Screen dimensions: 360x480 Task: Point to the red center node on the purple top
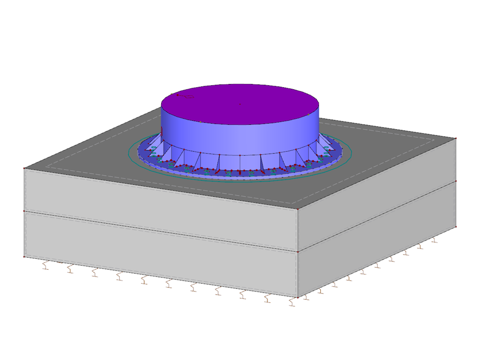(x=239, y=104)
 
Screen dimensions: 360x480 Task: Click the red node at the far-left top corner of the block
(x=24, y=168)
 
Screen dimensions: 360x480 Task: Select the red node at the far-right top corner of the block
(x=456, y=139)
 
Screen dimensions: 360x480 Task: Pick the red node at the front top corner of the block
(x=298, y=209)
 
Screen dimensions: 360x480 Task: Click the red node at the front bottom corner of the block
(x=298, y=297)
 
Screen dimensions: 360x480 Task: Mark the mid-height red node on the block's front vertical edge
(x=298, y=252)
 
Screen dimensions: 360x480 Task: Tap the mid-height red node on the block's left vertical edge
(x=24, y=211)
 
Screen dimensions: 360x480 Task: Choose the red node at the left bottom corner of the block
(x=24, y=256)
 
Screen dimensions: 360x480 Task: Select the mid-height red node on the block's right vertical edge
(x=456, y=181)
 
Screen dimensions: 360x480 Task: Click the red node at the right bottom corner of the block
(x=456, y=227)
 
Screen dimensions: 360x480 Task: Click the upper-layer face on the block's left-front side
(x=156, y=207)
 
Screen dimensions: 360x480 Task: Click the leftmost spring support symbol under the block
(x=46, y=266)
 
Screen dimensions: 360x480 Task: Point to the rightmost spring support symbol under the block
(x=434, y=240)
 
